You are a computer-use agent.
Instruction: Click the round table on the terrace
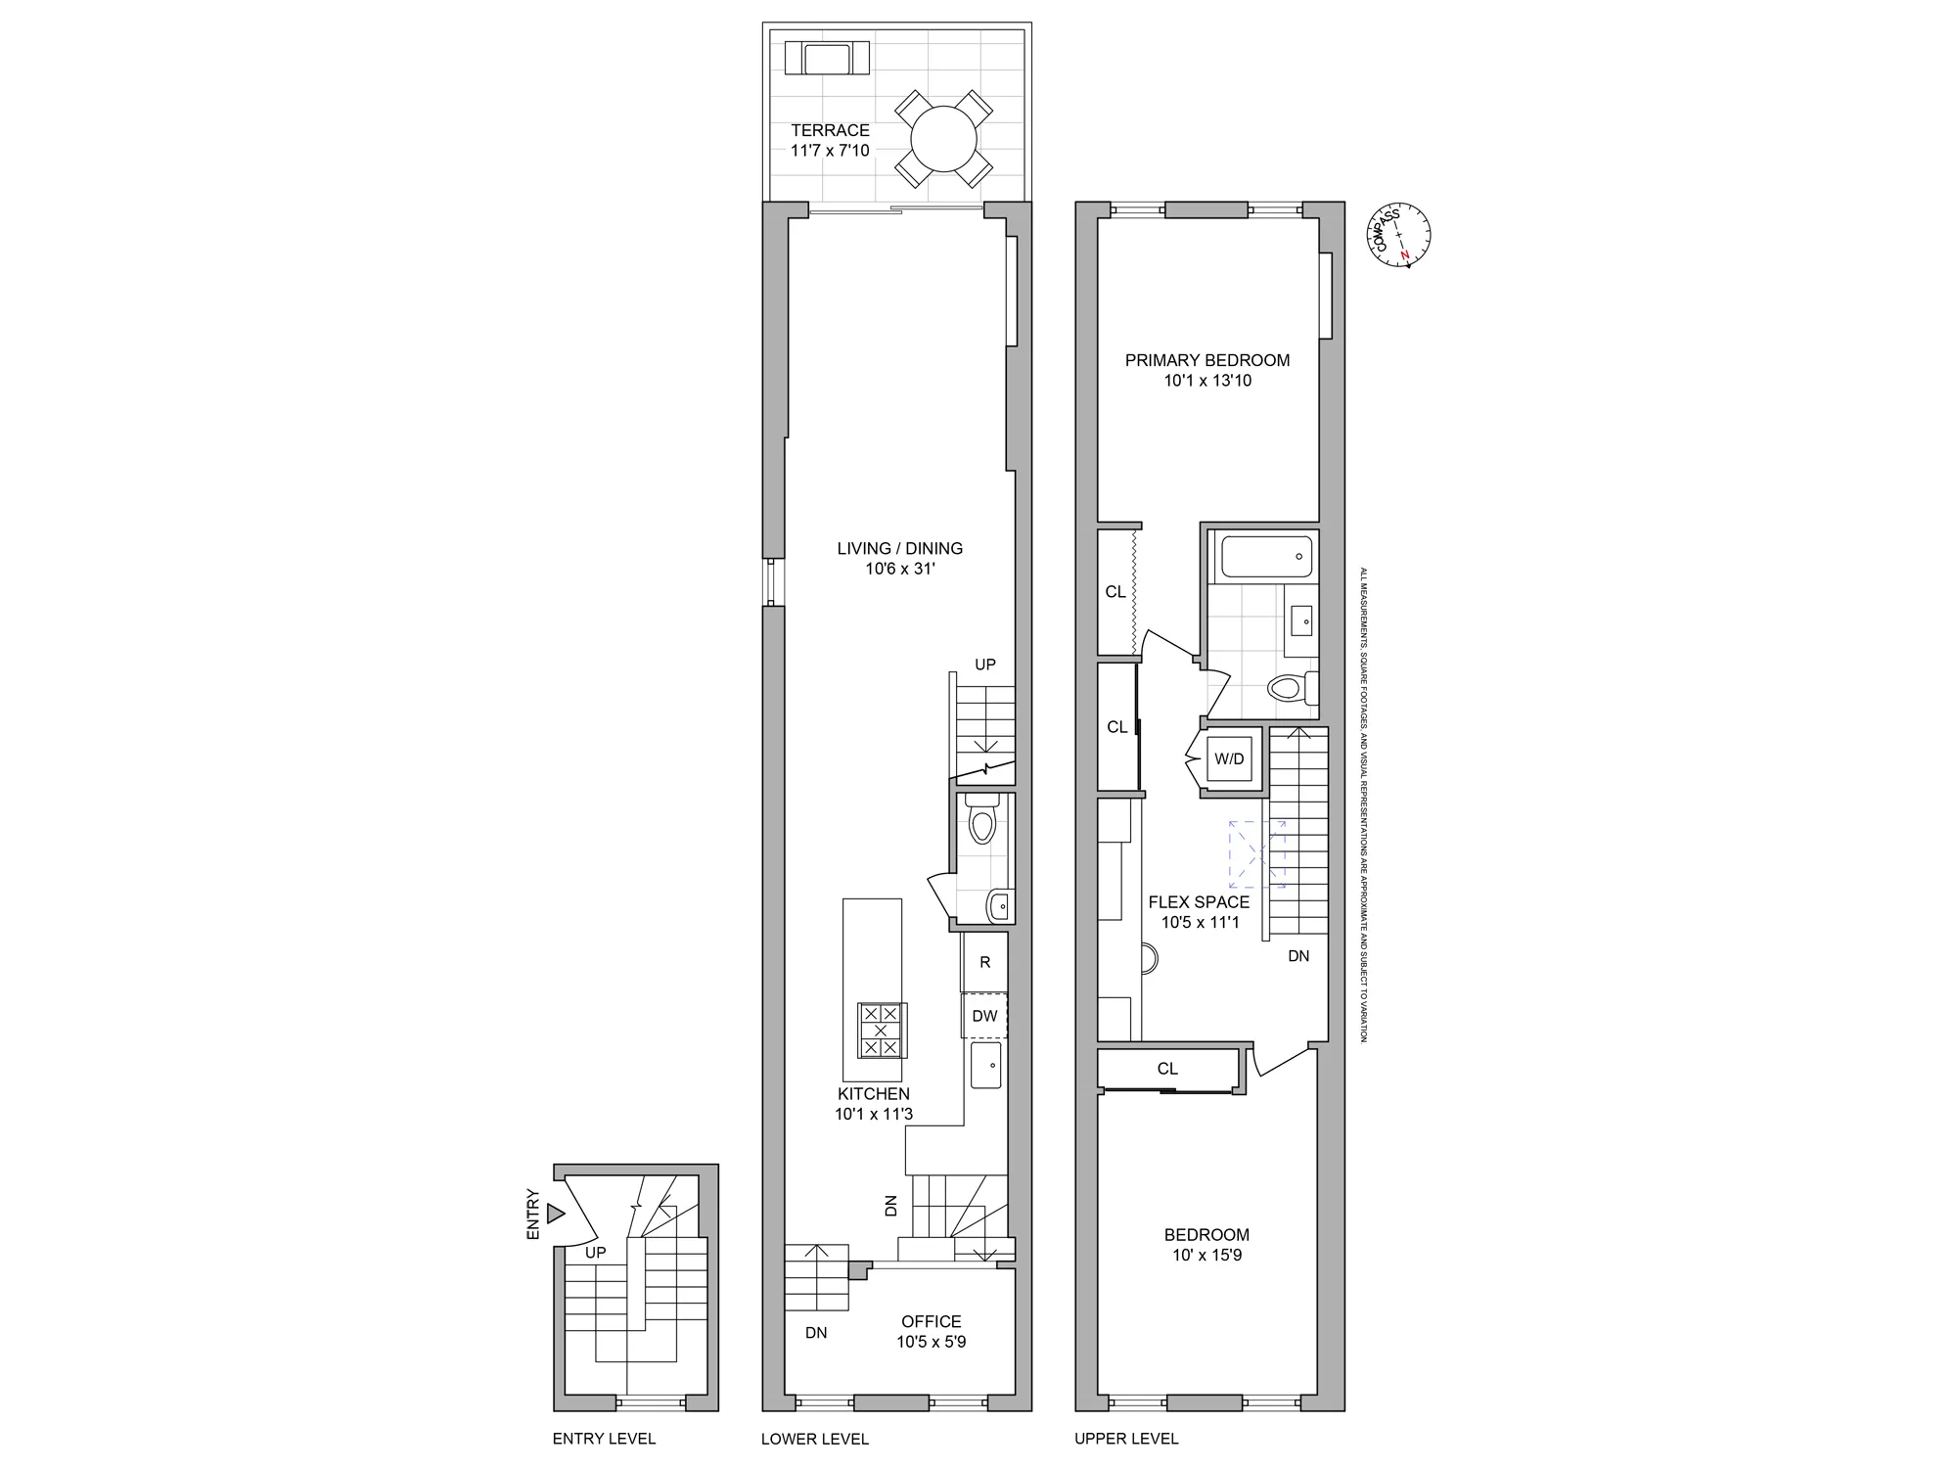pyautogui.click(x=944, y=140)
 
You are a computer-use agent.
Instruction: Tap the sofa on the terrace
pyautogui.click(x=827, y=59)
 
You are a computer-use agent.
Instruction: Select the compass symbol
pyautogui.click(x=1402, y=236)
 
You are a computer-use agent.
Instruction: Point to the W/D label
pyautogui.click(x=1229, y=759)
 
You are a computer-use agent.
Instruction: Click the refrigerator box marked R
pyautogui.click(x=984, y=962)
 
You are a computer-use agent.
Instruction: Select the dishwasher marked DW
pyautogui.click(x=984, y=1016)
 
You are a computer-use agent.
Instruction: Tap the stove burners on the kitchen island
pyautogui.click(x=881, y=1031)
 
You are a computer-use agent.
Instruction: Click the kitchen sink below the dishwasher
pyautogui.click(x=986, y=1065)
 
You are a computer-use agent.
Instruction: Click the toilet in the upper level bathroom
pyautogui.click(x=1290, y=687)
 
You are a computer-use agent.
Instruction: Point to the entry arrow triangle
pyautogui.click(x=556, y=1214)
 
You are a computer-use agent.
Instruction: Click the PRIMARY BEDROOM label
pyautogui.click(x=1206, y=360)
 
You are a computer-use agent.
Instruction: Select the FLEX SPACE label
pyautogui.click(x=1199, y=902)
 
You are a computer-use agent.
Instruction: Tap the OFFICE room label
pyautogui.click(x=931, y=1321)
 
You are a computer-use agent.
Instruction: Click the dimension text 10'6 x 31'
pyautogui.click(x=899, y=569)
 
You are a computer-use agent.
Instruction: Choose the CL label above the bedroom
pyautogui.click(x=1167, y=1069)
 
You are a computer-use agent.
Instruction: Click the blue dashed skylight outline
pyautogui.click(x=1257, y=853)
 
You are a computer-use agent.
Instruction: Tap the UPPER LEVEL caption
pyautogui.click(x=1126, y=1439)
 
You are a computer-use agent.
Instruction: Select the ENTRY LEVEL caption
pyautogui.click(x=604, y=1439)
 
